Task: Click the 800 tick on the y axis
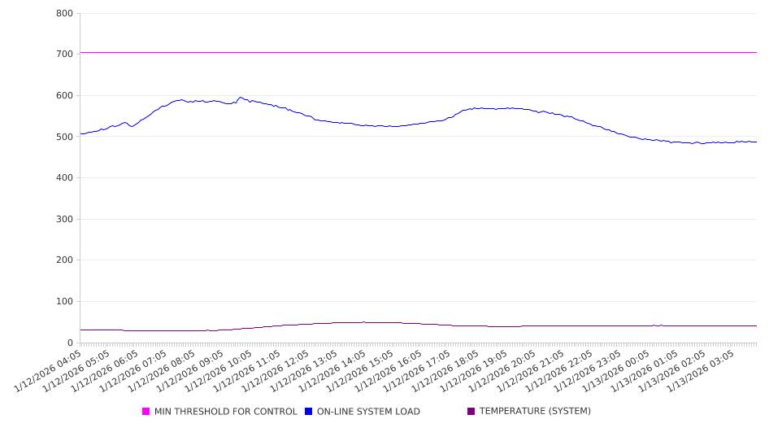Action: click(65, 13)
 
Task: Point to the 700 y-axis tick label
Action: click(65, 54)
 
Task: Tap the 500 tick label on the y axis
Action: click(65, 137)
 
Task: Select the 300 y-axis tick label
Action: click(65, 219)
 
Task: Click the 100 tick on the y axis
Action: click(65, 302)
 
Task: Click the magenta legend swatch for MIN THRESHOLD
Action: click(146, 412)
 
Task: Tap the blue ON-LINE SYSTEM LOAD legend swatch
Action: click(309, 412)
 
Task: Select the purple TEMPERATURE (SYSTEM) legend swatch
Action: click(471, 412)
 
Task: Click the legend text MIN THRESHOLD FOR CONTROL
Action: click(225, 412)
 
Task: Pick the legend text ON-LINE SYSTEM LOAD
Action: click(368, 412)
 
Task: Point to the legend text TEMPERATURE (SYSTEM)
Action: click(535, 412)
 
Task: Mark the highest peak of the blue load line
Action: click(239, 98)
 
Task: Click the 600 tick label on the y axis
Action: click(65, 95)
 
